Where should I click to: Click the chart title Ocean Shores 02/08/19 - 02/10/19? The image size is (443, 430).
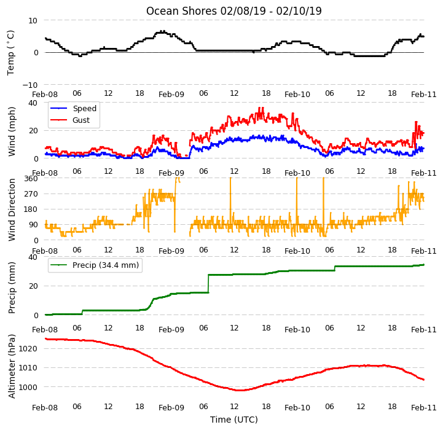click(233, 11)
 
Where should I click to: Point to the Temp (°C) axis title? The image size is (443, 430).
click(10, 53)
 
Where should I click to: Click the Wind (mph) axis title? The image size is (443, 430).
click(11, 131)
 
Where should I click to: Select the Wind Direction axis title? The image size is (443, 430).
click(11, 210)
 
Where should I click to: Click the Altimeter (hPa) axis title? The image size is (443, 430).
click(11, 367)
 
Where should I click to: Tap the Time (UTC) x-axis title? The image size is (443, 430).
click(234, 420)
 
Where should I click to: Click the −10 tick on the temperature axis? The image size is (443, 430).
click(29, 85)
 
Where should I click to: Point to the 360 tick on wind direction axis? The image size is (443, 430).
click(31, 179)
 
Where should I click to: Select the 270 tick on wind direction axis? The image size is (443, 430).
click(31, 194)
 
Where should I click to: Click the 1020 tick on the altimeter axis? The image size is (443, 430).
click(28, 349)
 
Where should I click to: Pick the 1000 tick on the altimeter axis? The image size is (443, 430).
click(28, 387)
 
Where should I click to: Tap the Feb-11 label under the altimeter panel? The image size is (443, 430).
click(424, 407)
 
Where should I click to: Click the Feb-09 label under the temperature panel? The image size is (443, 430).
click(171, 94)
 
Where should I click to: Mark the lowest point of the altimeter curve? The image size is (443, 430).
click(239, 390)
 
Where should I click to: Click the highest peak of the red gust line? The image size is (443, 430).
click(260, 107)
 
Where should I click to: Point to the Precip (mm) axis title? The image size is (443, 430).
click(11, 288)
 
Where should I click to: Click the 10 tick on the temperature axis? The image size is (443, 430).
click(33, 20)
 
